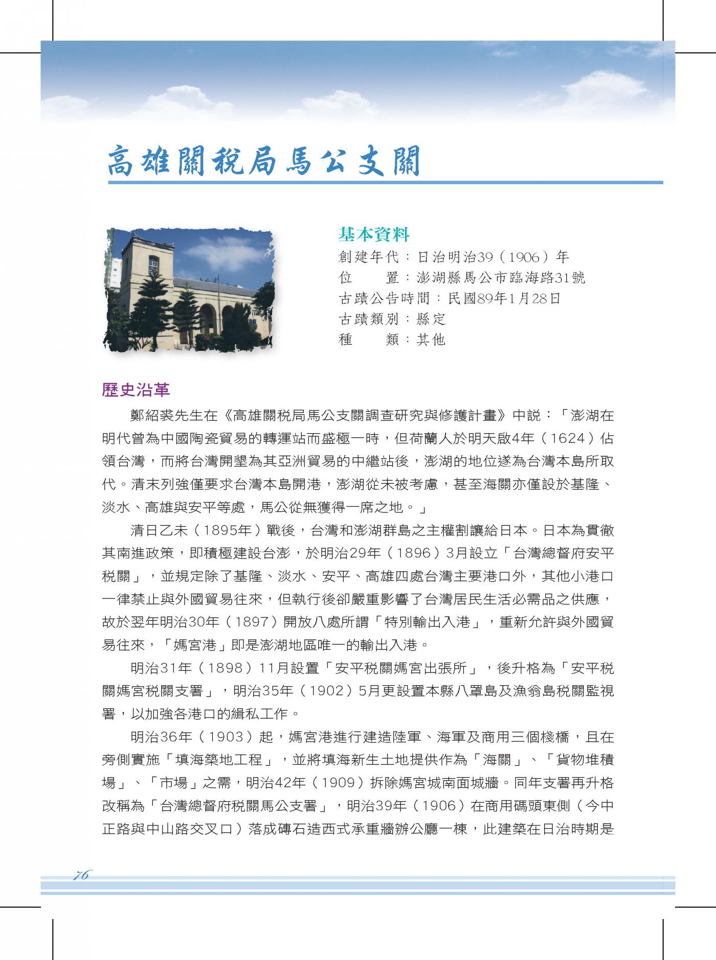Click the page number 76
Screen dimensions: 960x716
point(81,875)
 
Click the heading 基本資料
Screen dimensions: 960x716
point(374,235)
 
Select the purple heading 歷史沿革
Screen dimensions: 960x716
point(136,390)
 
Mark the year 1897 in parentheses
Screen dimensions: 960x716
point(247,622)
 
